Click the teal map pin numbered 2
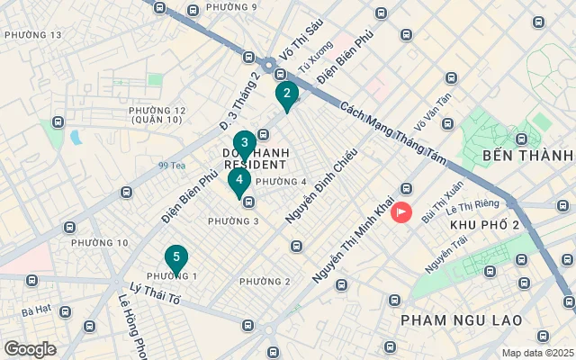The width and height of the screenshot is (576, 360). coord(286,94)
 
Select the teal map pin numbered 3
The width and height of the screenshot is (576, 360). coord(244,144)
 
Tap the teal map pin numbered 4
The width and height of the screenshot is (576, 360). coord(238,181)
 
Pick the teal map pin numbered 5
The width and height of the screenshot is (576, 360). coord(176,258)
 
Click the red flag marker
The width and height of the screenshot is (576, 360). coord(400,213)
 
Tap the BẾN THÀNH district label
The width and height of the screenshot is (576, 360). coord(527,155)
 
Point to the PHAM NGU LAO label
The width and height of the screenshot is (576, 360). coord(460,319)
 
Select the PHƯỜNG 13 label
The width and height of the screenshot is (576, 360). coord(32,35)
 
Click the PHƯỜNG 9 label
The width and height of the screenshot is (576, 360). coord(231,7)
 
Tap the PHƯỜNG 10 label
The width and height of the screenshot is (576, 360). coord(99,243)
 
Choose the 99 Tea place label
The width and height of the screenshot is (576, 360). coord(171,166)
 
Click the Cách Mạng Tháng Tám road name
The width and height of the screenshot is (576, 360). coord(393,130)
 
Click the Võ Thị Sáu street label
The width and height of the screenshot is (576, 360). coord(300,40)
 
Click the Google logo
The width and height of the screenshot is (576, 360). coord(30,349)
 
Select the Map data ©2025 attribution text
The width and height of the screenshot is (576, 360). coord(536,353)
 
